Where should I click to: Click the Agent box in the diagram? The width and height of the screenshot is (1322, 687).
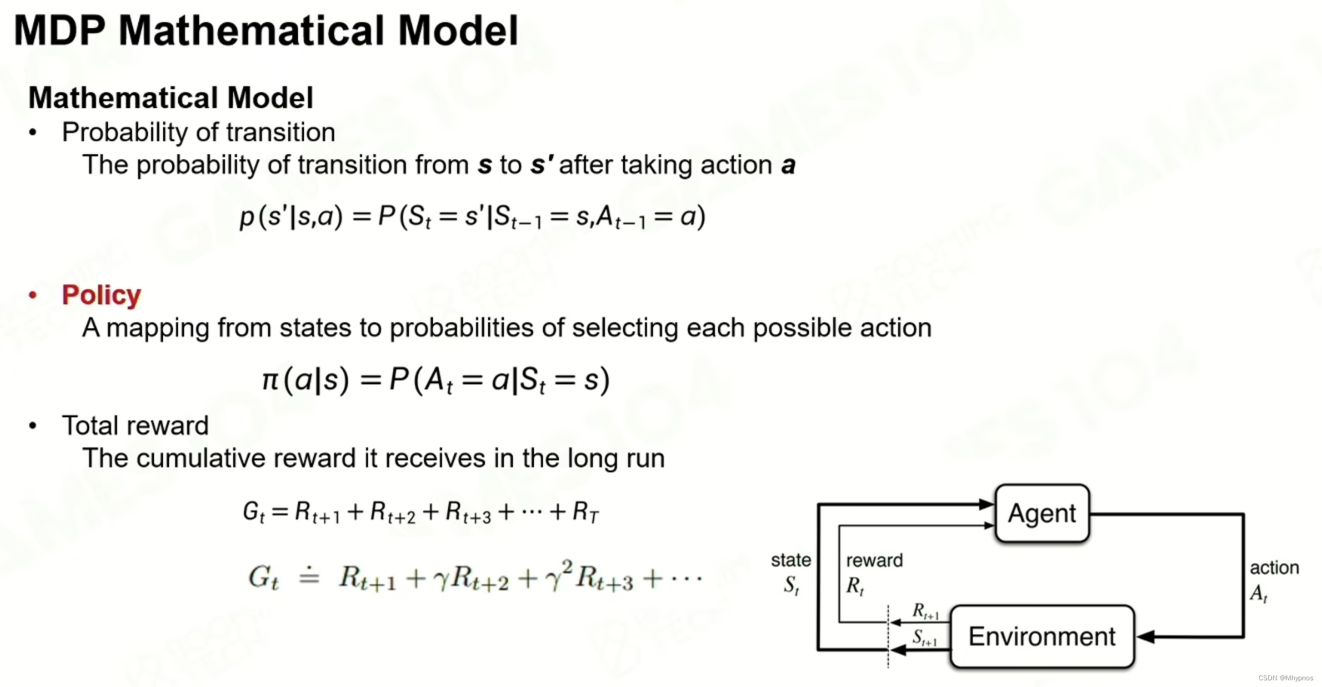tap(1042, 514)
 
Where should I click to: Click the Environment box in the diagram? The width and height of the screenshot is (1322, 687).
tap(1042, 636)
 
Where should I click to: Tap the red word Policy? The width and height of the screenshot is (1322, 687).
tap(101, 295)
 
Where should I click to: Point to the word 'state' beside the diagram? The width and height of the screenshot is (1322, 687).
tap(790, 560)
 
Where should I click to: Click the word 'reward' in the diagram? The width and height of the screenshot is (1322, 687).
tap(874, 560)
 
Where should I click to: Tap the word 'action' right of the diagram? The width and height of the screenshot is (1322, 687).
tap(1274, 567)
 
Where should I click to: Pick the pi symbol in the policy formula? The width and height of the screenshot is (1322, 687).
tap(270, 380)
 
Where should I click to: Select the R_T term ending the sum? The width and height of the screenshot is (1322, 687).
tap(585, 512)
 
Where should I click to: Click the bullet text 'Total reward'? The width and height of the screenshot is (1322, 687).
tap(135, 426)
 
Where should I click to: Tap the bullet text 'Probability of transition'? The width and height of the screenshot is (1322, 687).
tap(198, 132)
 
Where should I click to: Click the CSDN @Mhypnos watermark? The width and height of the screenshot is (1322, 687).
tap(1285, 678)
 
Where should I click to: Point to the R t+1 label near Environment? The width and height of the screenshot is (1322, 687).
tap(925, 611)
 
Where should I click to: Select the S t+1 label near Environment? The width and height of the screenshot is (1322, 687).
tap(925, 638)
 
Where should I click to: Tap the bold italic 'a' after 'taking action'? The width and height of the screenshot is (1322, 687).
tap(788, 165)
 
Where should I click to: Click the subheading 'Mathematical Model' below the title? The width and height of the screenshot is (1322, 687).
tap(171, 98)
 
